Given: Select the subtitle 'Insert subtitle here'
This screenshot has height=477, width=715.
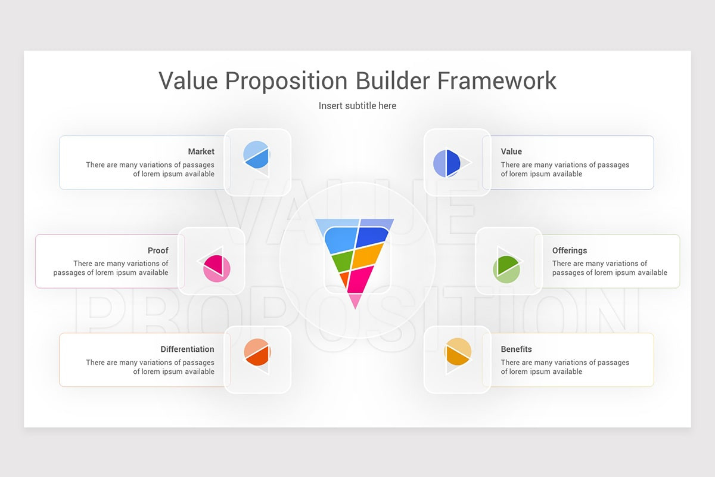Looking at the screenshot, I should [357, 106].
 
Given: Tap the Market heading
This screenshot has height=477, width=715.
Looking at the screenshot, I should [201, 151].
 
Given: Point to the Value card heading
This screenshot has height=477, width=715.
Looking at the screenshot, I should [511, 151].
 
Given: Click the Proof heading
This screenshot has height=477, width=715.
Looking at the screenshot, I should [158, 250].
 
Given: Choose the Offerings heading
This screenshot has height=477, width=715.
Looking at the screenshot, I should [569, 250].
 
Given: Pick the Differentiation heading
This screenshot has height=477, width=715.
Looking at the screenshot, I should [187, 349].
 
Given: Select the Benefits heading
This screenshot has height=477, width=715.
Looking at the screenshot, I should [516, 349].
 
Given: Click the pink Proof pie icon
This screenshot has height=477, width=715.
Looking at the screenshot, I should [216, 267].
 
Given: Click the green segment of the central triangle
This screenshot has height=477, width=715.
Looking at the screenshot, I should [342, 261].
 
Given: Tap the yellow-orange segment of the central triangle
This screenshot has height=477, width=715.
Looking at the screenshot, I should [368, 256].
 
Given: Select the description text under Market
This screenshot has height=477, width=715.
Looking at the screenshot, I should [150, 169].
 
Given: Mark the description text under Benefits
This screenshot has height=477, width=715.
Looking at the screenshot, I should [564, 367].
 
